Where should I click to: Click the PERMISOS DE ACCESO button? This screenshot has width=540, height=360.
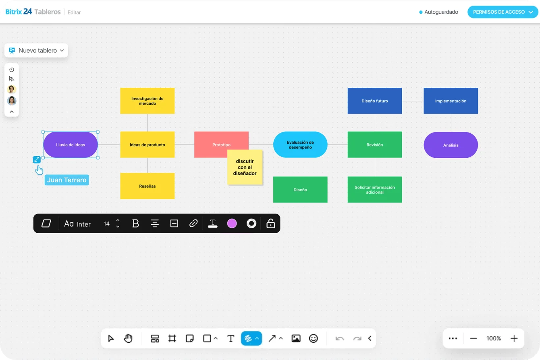tap(503, 12)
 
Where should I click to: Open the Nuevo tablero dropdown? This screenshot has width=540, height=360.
tap(36, 50)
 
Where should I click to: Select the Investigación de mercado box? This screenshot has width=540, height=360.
tap(147, 101)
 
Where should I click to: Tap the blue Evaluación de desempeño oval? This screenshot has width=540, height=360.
tap(300, 145)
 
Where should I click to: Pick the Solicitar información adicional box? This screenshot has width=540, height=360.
tap(375, 190)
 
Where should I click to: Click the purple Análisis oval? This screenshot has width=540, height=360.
tap(451, 145)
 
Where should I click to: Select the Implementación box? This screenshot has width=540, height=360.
tap(451, 101)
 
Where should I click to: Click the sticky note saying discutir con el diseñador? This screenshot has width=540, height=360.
tap(245, 167)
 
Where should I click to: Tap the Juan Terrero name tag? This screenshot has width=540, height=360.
tap(67, 180)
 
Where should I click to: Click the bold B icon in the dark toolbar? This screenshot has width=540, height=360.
tap(135, 223)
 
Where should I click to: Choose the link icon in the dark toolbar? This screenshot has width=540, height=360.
tap(193, 223)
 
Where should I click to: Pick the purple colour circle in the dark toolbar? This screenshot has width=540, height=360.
tap(232, 223)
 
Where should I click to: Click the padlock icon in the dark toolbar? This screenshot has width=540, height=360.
tap(270, 223)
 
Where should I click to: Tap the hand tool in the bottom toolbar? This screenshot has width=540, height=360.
tap(128, 338)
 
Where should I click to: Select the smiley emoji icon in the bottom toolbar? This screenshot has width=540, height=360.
tap(313, 339)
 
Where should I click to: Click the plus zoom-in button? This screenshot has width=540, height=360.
tap(514, 339)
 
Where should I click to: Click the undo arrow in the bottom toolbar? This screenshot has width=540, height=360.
tap(339, 339)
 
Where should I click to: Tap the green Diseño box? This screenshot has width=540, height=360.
tap(300, 190)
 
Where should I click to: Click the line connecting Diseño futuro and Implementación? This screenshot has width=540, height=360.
tap(413, 101)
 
